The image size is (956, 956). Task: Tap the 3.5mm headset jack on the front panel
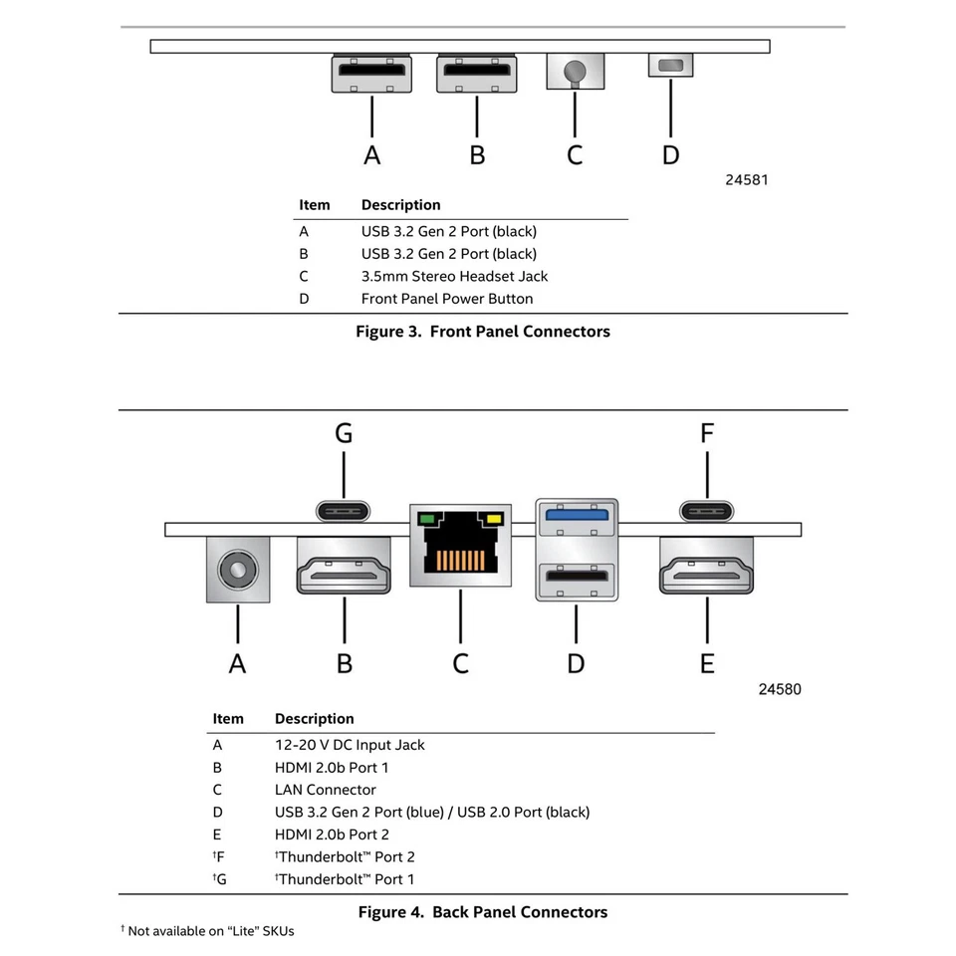575,72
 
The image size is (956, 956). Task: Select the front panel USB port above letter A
371,73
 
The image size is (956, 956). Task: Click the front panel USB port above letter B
477,73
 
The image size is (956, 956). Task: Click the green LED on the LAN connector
428,519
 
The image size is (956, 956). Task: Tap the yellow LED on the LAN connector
492,519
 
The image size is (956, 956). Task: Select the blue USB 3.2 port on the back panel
576,517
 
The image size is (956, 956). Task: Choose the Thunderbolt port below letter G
344,511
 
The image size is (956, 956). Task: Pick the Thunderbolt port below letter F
707,511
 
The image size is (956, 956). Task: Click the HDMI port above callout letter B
344,571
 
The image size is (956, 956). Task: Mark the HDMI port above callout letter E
707,571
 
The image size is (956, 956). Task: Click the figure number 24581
747,180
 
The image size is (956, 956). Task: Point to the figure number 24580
780,689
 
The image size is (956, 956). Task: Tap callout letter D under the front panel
671,154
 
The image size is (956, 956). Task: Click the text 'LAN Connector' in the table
325,790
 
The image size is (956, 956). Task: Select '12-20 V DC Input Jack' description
350,745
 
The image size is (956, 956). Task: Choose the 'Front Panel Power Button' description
446,299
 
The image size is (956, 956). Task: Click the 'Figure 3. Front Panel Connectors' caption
483,332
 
